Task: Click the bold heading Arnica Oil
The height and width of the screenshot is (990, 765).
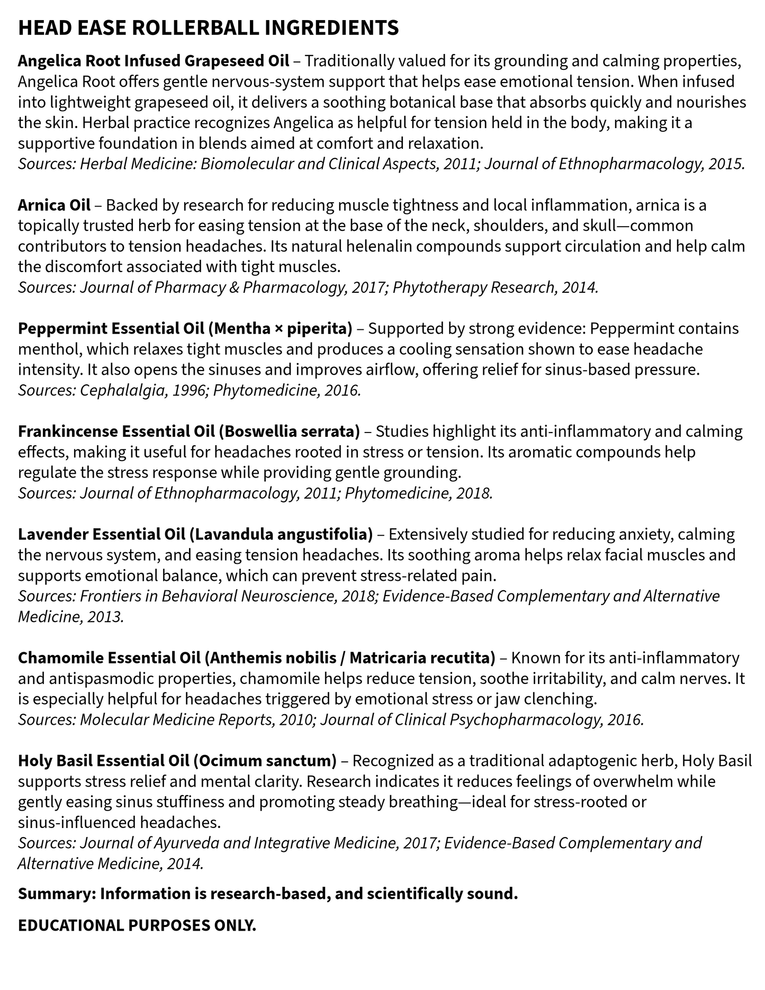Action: (54, 205)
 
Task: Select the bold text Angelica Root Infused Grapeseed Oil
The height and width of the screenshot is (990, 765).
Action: (154, 61)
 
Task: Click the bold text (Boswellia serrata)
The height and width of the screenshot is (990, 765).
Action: (289, 431)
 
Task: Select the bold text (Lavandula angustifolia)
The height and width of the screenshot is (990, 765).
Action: (281, 534)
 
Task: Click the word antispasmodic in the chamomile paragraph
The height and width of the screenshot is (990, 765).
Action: (103, 678)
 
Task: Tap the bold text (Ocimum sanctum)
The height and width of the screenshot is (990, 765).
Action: (265, 761)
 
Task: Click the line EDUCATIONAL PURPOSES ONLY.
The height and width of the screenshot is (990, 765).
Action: (137, 925)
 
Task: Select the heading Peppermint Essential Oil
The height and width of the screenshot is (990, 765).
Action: (111, 329)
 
